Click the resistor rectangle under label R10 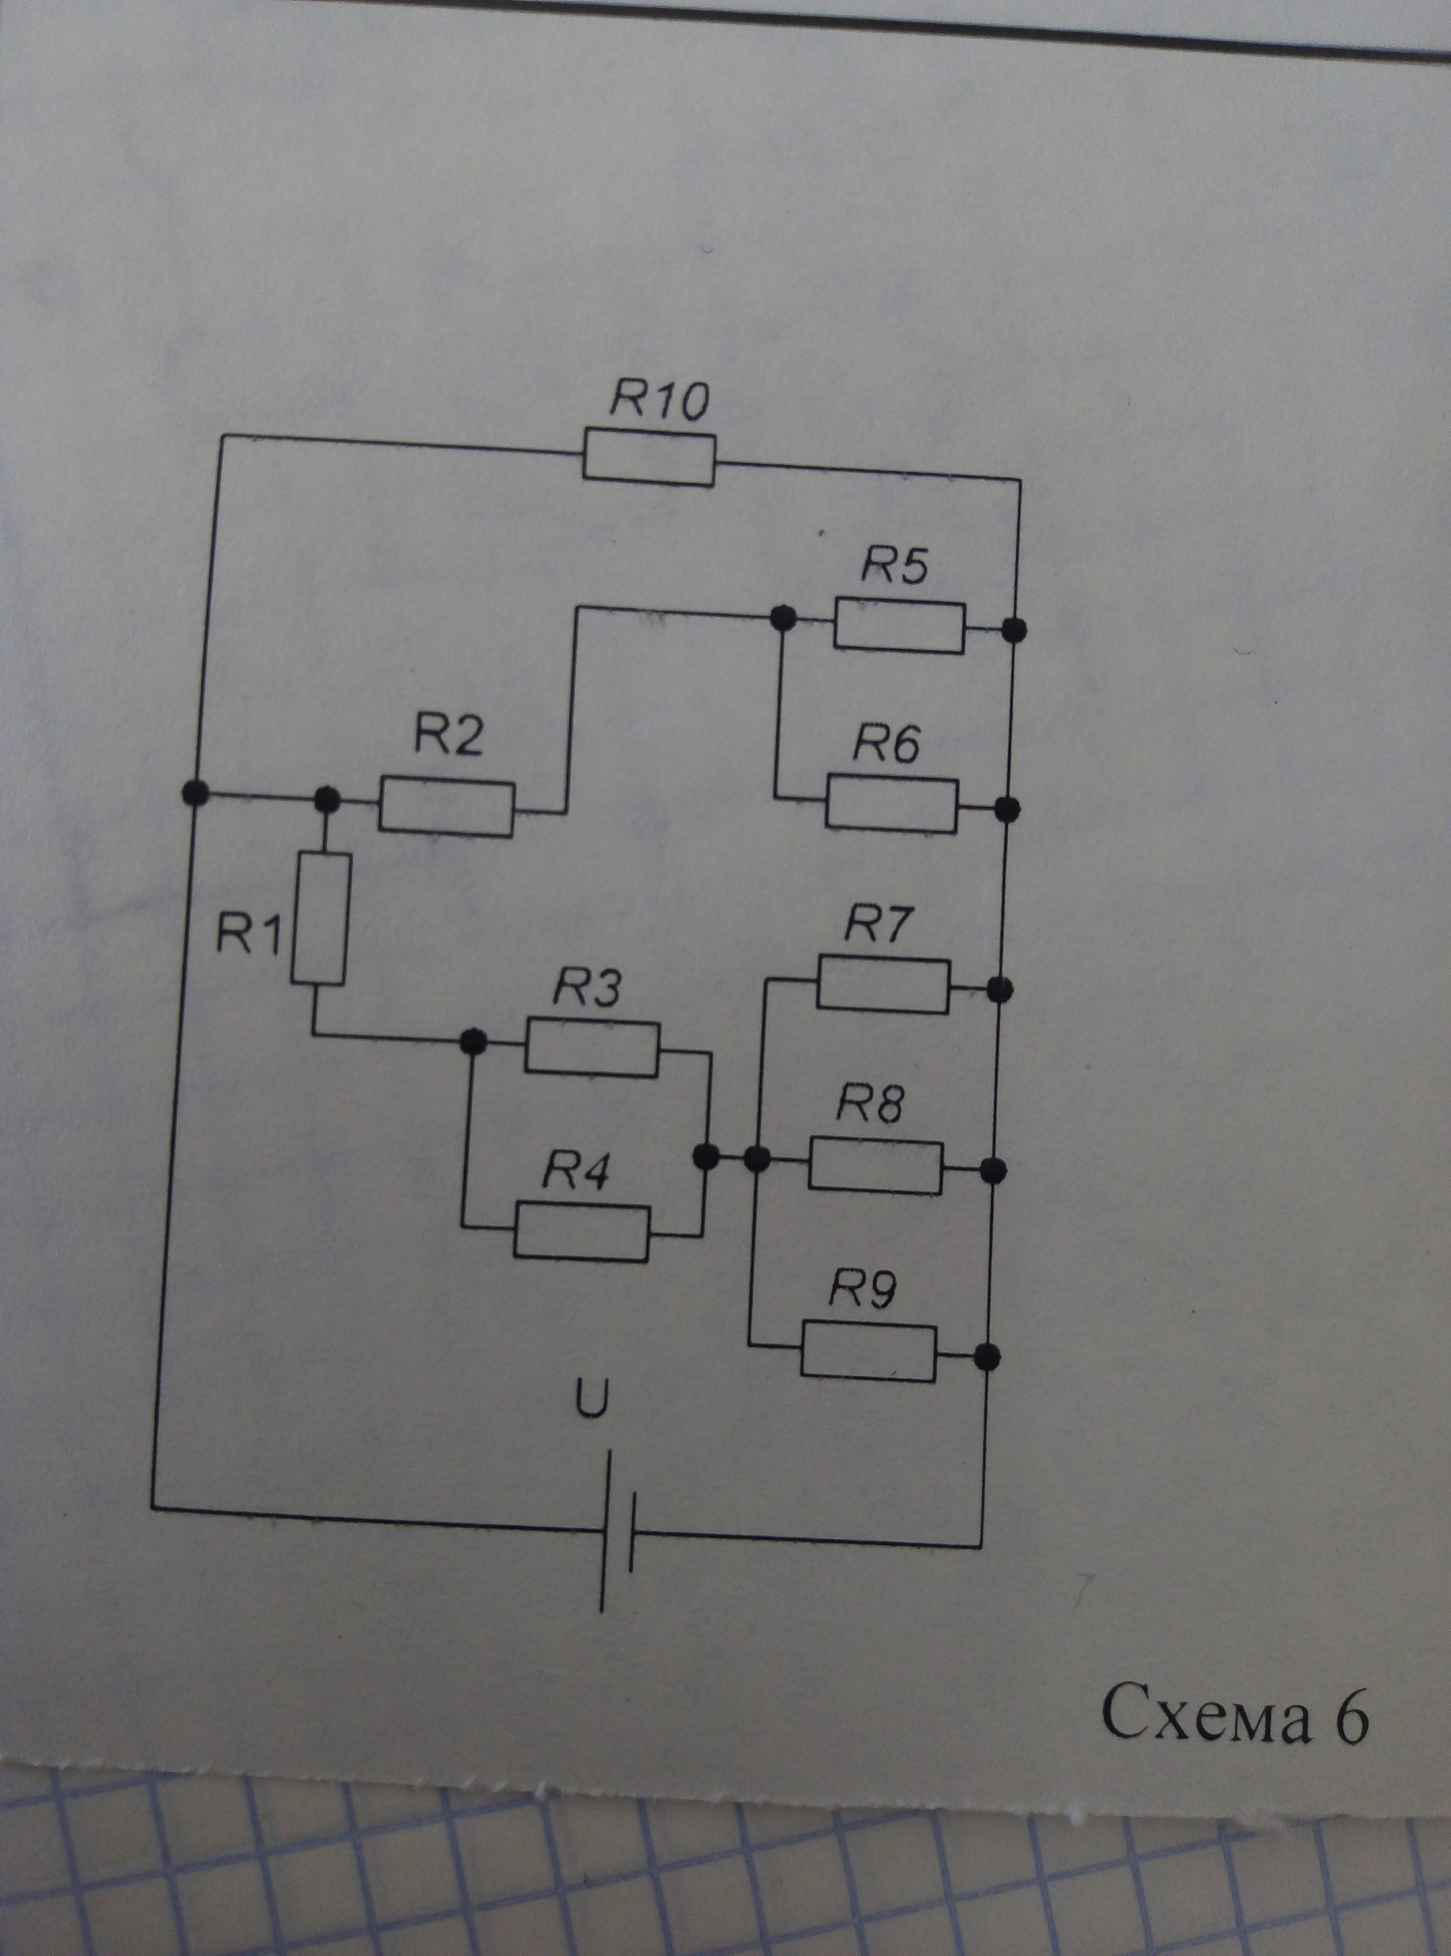649,457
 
